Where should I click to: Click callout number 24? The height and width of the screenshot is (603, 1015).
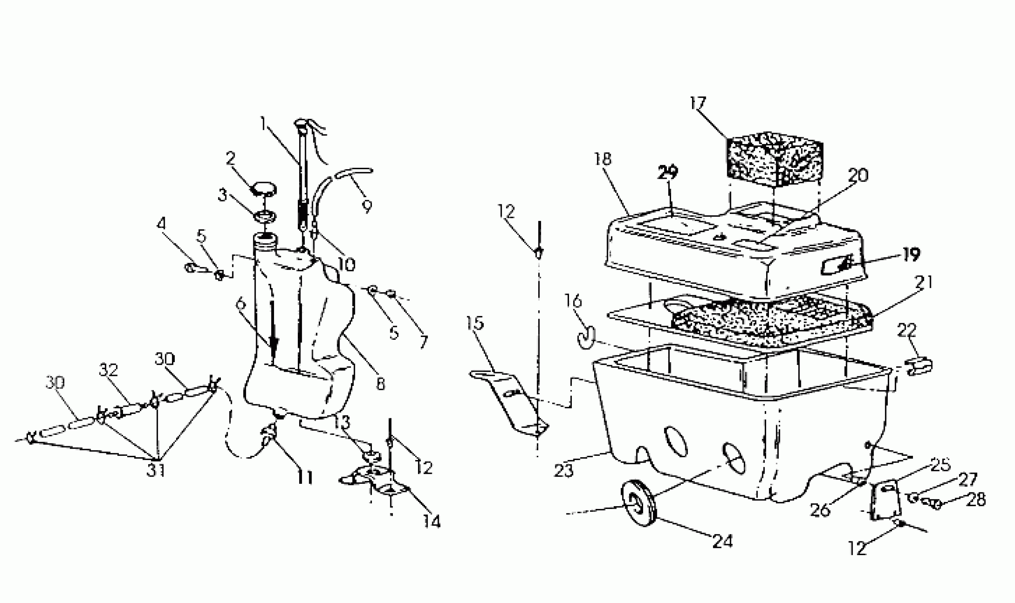coord(723,541)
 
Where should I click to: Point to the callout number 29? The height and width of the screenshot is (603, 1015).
coord(668,173)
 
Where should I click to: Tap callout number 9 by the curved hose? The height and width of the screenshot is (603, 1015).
coord(366,207)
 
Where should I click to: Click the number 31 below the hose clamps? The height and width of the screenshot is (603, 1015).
coord(156,471)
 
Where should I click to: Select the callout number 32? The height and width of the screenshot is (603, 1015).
coord(108,370)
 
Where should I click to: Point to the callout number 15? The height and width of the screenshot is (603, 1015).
coord(475,323)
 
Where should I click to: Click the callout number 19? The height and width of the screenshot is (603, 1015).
coord(911,255)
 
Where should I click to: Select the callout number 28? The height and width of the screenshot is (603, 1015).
coord(976,500)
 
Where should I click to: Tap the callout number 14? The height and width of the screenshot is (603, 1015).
coord(432,521)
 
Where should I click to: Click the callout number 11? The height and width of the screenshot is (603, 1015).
coord(305,478)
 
